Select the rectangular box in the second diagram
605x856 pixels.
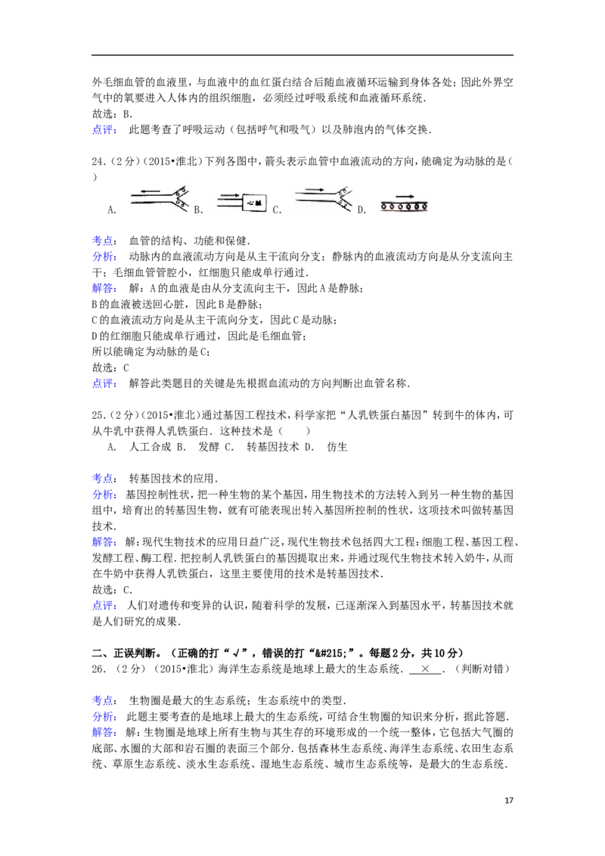pos(256,203)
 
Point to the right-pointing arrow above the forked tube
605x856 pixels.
pos(317,189)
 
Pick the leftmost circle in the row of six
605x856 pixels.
pos(384,206)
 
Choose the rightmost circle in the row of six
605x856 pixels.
pos(424,206)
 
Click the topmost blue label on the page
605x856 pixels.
pos(105,131)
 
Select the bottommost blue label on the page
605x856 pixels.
pos(105,733)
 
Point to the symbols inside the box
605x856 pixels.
pos(256,202)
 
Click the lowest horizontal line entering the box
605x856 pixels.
pos(229,206)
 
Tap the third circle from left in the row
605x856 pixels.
pos(400,206)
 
